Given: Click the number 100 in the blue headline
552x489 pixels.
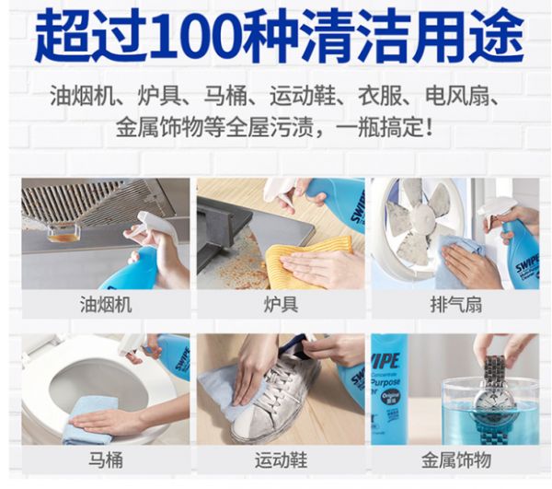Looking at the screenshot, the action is [x=197, y=36].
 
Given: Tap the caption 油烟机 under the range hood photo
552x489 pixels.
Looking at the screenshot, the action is [x=106, y=305].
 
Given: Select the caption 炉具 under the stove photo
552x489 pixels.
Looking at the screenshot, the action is [x=281, y=305].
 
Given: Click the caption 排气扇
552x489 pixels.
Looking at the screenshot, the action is [x=455, y=305].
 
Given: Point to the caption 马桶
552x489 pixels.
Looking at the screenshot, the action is [x=106, y=460].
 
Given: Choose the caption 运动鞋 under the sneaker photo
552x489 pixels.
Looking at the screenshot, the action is [x=281, y=460].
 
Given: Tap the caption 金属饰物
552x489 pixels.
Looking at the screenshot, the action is [x=455, y=460].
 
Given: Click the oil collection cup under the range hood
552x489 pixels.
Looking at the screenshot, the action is [x=63, y=233].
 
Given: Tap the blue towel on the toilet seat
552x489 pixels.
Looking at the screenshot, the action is [x=90, y=419].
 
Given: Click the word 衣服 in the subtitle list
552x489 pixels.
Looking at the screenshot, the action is [x=380, y=96].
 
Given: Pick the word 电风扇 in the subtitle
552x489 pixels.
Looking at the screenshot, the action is [x=457, y=96].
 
